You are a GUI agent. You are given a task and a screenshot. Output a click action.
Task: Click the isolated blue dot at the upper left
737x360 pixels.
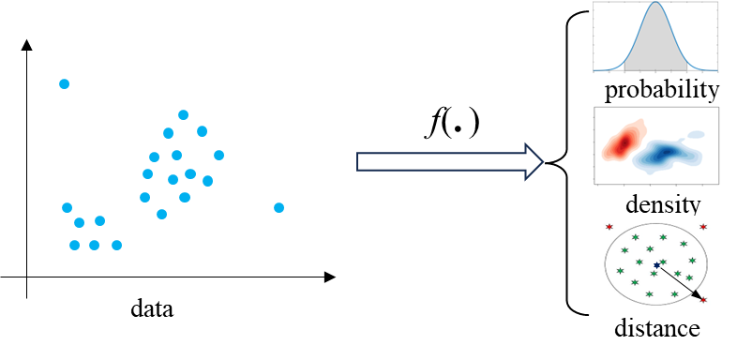64,83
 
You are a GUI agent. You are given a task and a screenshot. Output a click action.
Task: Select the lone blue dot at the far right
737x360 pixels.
278,207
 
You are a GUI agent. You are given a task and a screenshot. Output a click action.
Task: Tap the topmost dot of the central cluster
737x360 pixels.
183,114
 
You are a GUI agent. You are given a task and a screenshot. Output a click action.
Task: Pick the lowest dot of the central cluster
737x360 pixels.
161,214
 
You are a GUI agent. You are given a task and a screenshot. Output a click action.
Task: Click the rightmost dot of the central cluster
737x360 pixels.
218,155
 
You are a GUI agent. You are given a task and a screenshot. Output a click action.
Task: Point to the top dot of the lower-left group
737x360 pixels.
67,207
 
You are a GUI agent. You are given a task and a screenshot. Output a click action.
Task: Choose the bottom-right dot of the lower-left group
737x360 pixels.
116,245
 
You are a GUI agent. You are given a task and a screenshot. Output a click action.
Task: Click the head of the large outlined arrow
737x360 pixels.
534,161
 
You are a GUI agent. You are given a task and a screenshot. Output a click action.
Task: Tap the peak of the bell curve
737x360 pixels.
655,4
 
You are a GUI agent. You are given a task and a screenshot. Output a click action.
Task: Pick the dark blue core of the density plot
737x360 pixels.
664,153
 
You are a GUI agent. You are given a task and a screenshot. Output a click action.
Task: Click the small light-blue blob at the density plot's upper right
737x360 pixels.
696,134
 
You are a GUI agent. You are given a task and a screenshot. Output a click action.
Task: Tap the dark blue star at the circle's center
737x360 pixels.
656,265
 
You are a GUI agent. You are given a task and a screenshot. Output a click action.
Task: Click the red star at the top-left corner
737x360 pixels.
609,226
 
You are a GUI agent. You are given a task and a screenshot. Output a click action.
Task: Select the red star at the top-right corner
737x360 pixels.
703,226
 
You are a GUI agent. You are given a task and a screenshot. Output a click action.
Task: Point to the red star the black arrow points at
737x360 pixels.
703,300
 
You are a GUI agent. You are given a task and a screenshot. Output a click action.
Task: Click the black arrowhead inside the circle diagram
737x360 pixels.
696,294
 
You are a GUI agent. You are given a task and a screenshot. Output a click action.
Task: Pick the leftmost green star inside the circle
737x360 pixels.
620,271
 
